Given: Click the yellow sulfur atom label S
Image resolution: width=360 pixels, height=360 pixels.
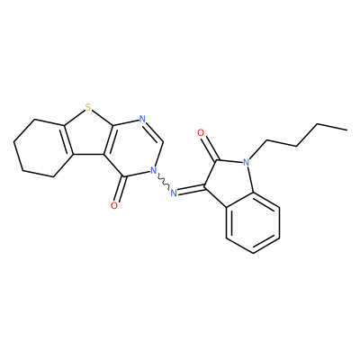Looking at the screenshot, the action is point(87,107).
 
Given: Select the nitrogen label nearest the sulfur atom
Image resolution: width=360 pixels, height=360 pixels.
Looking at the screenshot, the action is point(142,119).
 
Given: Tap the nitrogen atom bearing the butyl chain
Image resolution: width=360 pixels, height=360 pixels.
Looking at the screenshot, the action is point(247,162).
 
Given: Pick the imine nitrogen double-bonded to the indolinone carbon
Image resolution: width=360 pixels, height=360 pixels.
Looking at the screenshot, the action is point(173,193).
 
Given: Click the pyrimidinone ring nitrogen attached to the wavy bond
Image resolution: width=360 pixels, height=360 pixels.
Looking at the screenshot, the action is point(153,171).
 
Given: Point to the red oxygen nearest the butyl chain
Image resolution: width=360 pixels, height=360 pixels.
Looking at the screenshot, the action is point(201,132).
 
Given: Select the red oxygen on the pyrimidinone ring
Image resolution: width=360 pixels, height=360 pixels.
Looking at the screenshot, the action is point(113,205).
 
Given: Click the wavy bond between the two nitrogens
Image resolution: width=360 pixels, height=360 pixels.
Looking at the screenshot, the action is point(163,182).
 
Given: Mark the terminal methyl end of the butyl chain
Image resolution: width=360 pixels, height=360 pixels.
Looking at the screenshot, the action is point(346,130).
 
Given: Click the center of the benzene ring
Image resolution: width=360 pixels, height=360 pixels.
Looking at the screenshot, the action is point(254,222).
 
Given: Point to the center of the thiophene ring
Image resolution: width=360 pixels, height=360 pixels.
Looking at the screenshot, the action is point(86,135).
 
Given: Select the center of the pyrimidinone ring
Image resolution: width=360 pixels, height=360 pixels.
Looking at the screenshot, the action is point(134,148).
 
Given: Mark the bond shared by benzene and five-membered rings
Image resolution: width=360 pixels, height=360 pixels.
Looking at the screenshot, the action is point(240,199).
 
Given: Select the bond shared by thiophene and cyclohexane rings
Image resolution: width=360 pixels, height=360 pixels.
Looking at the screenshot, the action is point(69,140).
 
